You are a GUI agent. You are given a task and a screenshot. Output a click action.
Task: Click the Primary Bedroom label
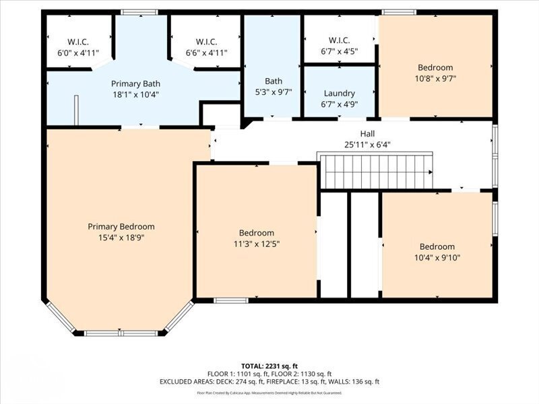(x=121, y=227)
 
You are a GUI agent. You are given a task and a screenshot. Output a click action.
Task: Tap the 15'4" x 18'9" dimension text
(x=121, y=238)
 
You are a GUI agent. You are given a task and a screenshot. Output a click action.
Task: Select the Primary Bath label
(x=135, y=83)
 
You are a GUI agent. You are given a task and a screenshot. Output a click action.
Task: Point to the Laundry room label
(x=339, y=94)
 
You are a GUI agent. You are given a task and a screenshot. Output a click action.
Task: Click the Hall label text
(x=367, y=133)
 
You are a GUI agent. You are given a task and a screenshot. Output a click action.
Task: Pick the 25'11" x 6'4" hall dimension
(x=367, y=144)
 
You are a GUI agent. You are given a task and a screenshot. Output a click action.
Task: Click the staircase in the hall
(x=375, y=171)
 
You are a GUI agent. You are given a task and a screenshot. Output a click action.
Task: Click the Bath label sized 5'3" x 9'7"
(x=273, y=81)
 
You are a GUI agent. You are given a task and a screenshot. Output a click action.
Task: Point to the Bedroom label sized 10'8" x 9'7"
(x=435, y=67)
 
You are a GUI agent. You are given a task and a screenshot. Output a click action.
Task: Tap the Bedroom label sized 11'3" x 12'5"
(x=256, y=233)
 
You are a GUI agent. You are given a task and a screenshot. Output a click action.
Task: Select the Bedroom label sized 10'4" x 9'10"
(x=437, y=246)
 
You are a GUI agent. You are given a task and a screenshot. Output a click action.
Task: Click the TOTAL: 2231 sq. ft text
(x=269, y=366)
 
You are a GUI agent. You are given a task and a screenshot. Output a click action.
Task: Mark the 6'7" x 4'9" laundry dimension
(x=339, y=104)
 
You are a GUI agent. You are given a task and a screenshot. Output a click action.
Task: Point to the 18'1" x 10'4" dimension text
(x=135, y=95)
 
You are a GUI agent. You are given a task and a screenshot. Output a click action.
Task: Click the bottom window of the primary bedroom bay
(x=121, y=333)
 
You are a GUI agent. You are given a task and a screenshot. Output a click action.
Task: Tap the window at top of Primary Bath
(x=139, y=11)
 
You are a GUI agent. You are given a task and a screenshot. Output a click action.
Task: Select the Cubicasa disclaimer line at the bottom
(x=269, y=393)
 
